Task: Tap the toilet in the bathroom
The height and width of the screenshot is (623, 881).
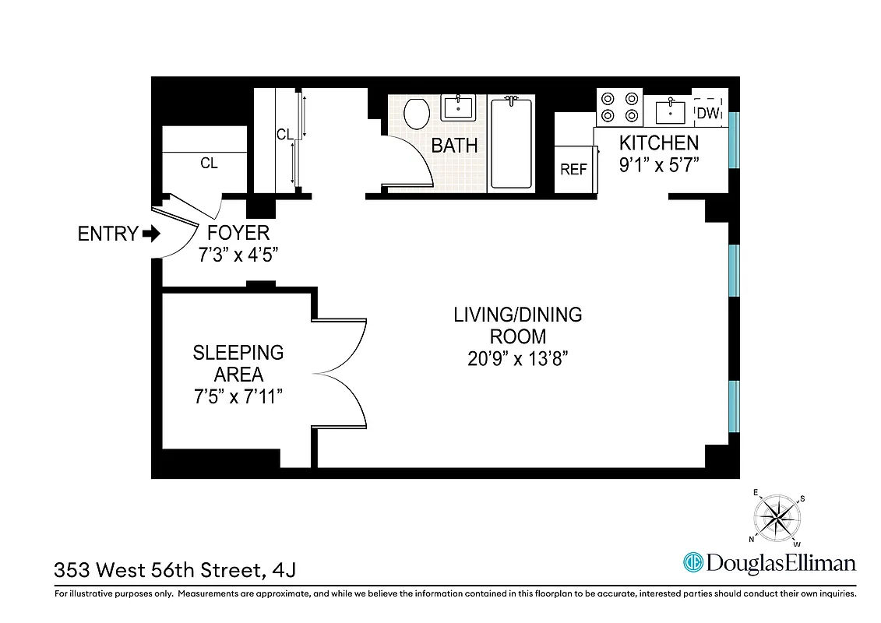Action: (417, 114)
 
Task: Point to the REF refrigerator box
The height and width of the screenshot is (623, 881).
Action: (573, 169)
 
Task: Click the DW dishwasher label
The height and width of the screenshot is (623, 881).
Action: (708, 113)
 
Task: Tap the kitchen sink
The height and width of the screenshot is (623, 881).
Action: (670, 111)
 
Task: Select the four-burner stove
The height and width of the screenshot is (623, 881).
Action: (618, 107)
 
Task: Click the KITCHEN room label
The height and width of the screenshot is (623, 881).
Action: (658, 143)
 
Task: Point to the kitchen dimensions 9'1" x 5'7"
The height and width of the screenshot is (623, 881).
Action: (660, 165)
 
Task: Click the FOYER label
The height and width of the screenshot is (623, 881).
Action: (238, 232)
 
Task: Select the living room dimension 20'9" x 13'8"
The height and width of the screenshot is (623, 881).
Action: (518, 360)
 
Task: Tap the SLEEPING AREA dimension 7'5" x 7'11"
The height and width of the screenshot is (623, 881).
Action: (238, 396)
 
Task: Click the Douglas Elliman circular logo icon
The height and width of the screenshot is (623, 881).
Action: (692, 562)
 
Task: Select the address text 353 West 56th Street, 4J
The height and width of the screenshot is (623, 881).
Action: (174, 570)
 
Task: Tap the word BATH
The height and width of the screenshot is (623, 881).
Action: (454, 146)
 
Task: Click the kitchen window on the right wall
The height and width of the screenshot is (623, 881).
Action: (733, 140)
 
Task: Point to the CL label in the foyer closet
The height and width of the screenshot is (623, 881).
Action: (209, 164)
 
